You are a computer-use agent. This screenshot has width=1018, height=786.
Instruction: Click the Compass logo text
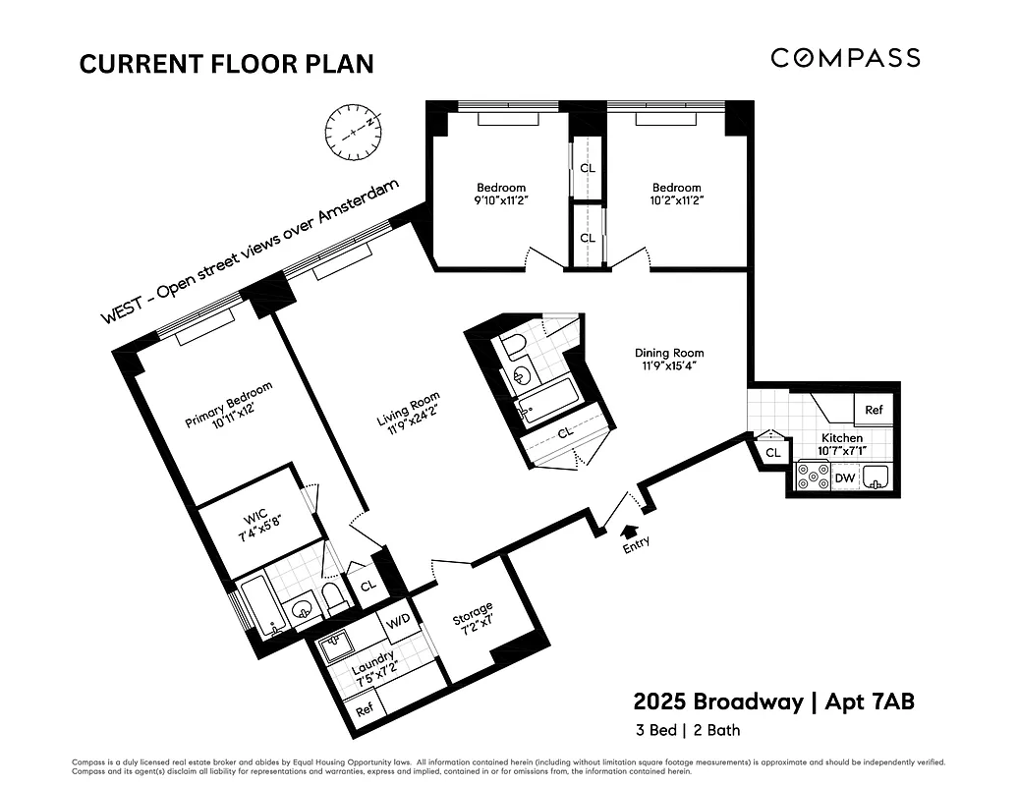pyautogui.click(x=845, y=58)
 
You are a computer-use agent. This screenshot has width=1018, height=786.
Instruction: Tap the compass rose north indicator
pyautogui.click(x=353, y=129)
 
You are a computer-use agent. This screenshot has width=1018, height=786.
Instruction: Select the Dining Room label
pyautogui.click(x=669, y=353)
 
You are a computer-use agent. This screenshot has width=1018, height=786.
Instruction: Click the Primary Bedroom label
pyautogui.click(x=229, y=405)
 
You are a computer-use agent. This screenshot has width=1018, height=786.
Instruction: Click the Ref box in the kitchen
pyautogui.click(x=874, y=410)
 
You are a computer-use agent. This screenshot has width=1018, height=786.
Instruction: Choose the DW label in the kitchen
pyautogui.click(x=845, y=478)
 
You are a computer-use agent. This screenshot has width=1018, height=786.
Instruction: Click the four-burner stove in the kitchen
pyautogui.click(x=813, y=477)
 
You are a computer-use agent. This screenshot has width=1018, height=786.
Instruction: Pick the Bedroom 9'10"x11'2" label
pyautogui.click(x=501, y=194)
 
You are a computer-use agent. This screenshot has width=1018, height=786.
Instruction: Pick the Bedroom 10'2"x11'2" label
pyautogui.click(x=677, y=194)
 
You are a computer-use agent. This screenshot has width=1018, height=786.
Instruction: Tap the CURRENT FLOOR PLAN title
pyautogui.click(x=226, y=64)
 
